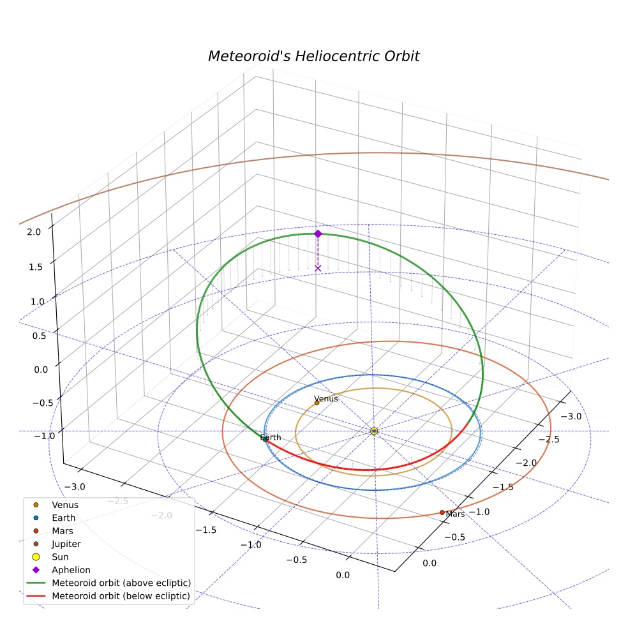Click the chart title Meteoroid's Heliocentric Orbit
313,56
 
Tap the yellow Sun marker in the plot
374,431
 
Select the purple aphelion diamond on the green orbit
318,234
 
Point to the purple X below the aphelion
318,268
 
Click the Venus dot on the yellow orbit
317,403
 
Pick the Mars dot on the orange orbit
442,512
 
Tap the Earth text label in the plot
271,437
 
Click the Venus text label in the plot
326,399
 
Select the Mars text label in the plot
456,514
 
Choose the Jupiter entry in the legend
66,544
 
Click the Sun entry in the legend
60,557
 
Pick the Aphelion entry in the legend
71,570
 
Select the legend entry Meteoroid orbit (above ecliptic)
121,583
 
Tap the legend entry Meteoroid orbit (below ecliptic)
121,596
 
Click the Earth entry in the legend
63,518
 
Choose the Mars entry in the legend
63,531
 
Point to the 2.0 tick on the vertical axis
34,232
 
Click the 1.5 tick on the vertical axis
36,267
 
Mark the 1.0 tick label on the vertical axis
37,302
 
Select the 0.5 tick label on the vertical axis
40,336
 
